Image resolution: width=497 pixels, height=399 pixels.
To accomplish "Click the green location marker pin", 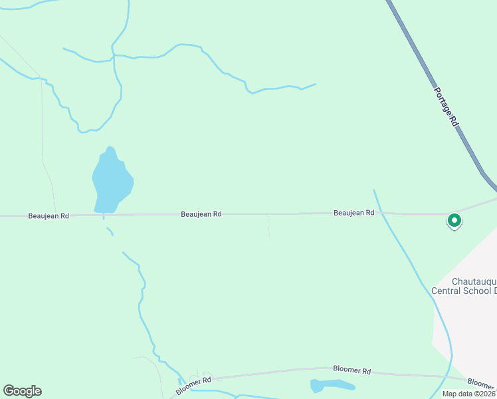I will point(454,220).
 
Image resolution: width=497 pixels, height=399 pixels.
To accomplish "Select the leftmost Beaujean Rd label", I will point(49,216).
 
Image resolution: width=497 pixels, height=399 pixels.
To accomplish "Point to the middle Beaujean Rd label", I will point(201,214).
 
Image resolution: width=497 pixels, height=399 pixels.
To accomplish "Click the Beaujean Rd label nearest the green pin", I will point(354,213).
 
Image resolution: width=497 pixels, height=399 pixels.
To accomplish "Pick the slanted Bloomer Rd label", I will point(193,384).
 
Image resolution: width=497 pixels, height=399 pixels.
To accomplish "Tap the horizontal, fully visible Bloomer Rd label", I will point(351,370).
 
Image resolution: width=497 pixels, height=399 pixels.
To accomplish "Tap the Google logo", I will point(22,391).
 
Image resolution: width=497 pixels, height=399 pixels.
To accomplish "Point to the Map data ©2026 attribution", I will point(468,394).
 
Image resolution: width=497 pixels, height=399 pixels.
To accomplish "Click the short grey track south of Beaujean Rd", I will point(269,228).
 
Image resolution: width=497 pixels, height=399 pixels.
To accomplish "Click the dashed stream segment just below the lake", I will point(109,230).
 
